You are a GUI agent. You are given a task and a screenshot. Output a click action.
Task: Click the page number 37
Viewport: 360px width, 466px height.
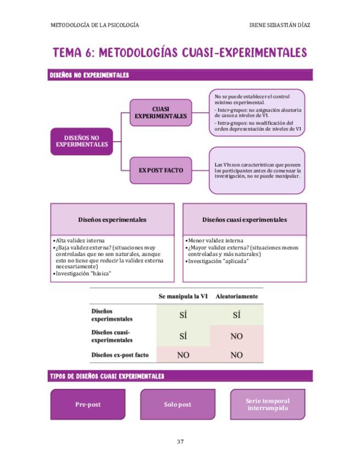pyautogui.click(x=180, y=441)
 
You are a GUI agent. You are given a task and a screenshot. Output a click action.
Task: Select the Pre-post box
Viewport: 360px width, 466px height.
pyautogui.click(x=88, y=404)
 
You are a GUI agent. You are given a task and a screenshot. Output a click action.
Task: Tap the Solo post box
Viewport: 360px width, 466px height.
pyautogui.click(x=178, y=404)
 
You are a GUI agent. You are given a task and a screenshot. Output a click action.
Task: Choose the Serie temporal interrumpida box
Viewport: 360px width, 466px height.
pyautogui.click(x=267, y=404)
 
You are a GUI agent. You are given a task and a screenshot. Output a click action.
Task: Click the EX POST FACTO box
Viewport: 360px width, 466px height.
pyautogui.click(x=160, y=170)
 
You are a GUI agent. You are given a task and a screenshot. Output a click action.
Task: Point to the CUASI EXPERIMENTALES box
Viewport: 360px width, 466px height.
pyautogui.click(x=160, y=113)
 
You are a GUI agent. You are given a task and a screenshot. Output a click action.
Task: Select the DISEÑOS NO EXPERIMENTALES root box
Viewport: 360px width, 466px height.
pyautogui.click(x=81, y=141)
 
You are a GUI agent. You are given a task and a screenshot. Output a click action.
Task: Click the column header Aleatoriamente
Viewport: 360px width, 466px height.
pyautogui.click(x=236, y=296)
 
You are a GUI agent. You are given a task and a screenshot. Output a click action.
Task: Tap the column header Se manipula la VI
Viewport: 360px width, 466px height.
pyautogui.click(x=183, y=296)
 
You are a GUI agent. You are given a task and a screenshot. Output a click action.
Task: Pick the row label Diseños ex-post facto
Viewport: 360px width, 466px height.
pyautogui.click(x=120, y=355)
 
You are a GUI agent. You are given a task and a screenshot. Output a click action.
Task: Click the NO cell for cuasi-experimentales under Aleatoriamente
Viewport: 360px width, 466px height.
pyautogui.click(x=236, y=336)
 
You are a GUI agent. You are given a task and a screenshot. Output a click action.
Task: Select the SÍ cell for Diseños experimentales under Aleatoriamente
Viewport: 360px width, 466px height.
pyautogui.click(x=236, y=315)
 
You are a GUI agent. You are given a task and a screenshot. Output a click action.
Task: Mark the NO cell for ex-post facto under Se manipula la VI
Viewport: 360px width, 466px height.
pyautogui.click(x=183, y=355)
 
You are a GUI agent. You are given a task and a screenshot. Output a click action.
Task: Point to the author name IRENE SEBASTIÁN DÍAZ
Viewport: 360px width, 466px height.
pyautogui.click(x=279, y=25)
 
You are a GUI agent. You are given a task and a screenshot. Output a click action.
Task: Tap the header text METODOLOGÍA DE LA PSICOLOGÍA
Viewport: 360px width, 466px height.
pyautogui.click(x=94, y=25)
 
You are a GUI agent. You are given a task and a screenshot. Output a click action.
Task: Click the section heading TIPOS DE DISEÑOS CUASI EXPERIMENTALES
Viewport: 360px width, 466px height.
pyautogui.click(x=107, y=376)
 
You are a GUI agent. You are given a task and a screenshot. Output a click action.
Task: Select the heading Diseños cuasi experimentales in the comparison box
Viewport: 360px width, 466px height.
pyautogui.click(x=244, y=220)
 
